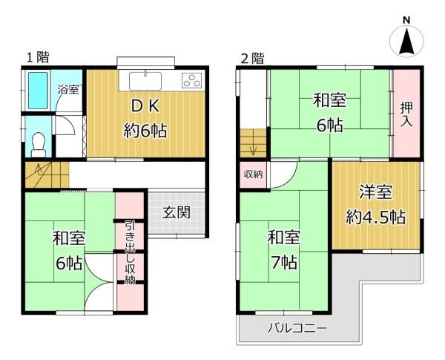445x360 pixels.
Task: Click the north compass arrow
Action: (x=406, y=42)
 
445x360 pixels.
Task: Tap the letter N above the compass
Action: (x=406, y=19)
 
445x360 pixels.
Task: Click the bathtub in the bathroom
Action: (x=38, y=93)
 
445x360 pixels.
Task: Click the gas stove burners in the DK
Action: (x=191, y=80)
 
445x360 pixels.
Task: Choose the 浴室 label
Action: (x=70, y=89)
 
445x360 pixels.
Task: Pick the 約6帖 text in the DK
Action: (x=145, y=132)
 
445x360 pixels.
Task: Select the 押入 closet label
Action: (x=406, y=113)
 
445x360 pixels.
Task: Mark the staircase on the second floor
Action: (x=253, y=141)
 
